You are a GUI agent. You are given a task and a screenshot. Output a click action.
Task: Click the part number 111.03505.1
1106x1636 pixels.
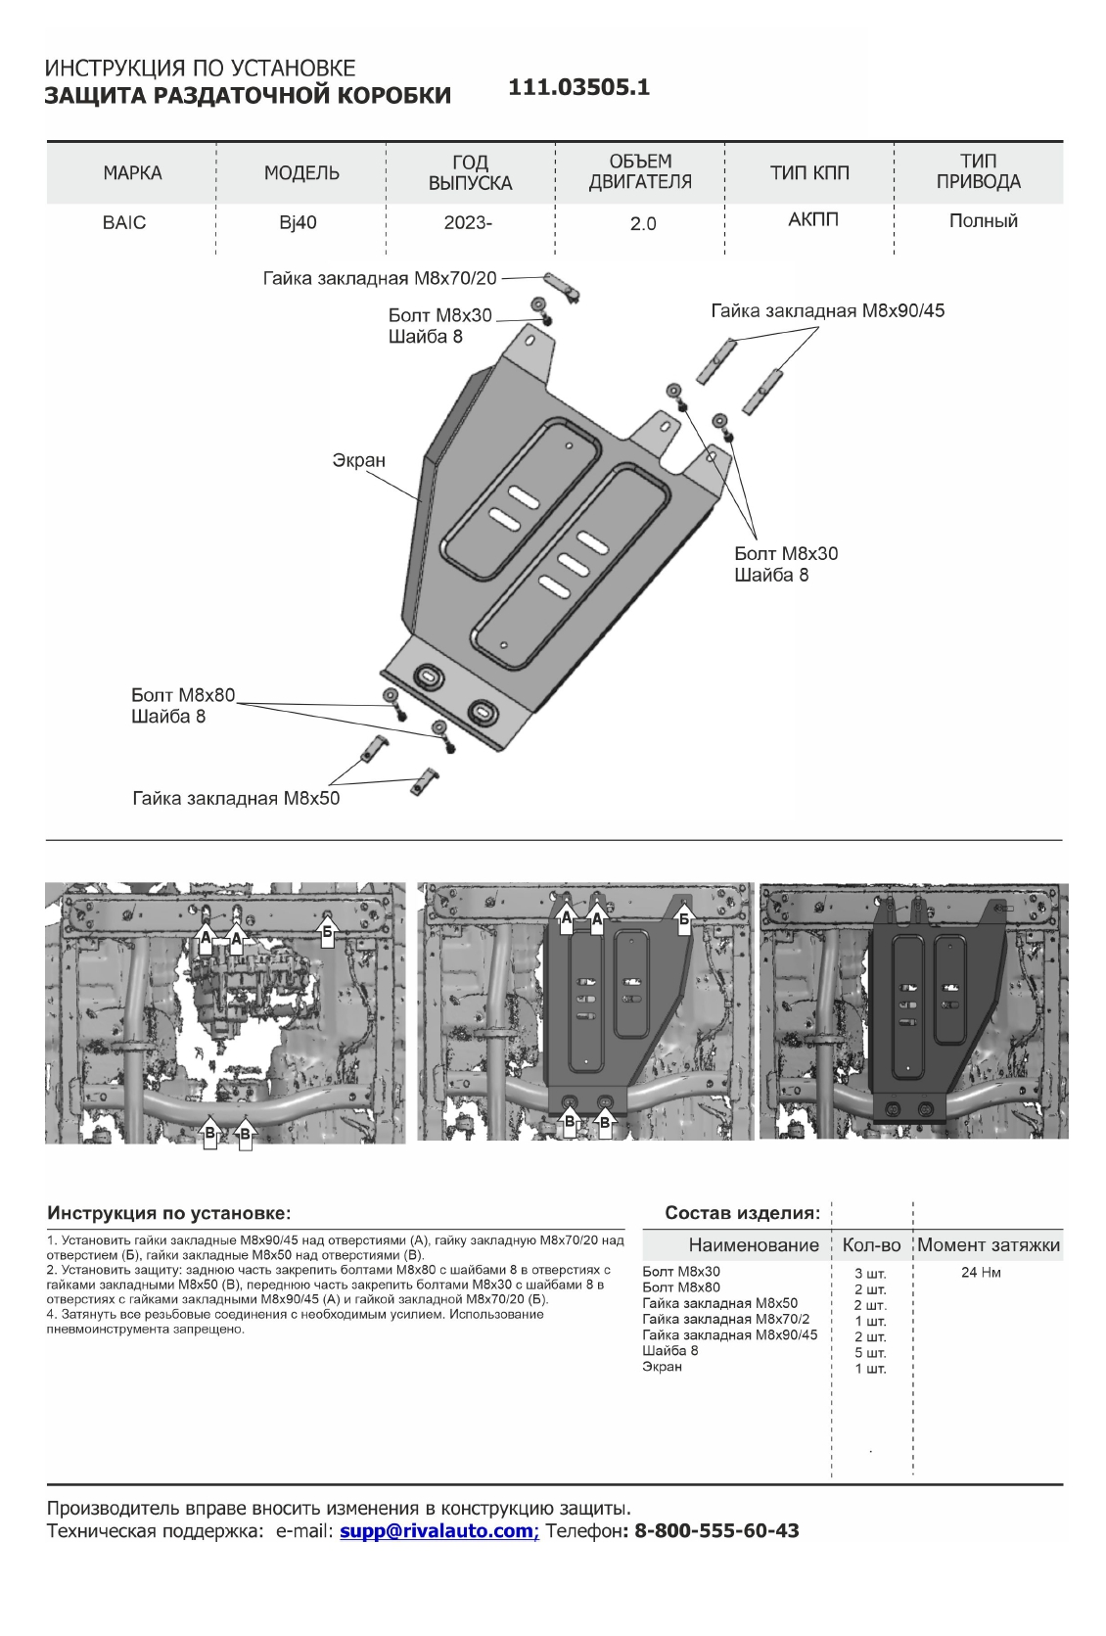[x=579, y=87]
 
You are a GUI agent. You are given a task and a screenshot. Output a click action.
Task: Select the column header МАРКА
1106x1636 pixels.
[x=132, y=173]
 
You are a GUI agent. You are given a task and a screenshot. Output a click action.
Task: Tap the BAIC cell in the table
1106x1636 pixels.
[x=124, y=222]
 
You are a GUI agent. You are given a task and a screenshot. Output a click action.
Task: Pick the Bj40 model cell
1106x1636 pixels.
[x=298, y=222]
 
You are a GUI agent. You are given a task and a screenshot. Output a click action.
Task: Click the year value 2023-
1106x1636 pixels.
[x=468, y=222]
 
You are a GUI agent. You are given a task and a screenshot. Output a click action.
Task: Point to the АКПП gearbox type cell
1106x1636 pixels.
[x=813, y=220]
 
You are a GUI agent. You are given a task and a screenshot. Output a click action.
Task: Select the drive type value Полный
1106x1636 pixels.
[x=983, y=221]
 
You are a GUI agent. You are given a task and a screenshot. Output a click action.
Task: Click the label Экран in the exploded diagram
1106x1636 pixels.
[x=359, y=460]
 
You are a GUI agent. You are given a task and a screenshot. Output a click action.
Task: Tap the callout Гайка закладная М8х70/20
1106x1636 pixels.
[x=380, y=278]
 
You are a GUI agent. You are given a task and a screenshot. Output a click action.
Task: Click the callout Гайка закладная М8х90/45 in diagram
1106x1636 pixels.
[x=827, y=311]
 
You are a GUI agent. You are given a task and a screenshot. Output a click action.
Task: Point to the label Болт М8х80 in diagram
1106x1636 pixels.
[x=184, y=695]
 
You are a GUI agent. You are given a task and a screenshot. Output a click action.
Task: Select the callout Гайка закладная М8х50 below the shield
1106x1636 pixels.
[x=236, y=798]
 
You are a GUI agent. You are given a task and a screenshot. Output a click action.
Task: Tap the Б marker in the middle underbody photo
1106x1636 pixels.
[x=685, y=919]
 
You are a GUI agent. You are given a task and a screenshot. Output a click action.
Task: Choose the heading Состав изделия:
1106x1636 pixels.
[x=742, y=1213]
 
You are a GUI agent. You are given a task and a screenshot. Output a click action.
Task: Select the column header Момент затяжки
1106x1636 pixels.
[x=989, y=1245]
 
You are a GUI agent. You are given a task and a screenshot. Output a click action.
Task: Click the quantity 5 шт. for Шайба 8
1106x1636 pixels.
[x=870, y=1352]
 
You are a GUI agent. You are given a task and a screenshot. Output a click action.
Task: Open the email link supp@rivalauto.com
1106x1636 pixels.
[x=438, y=1531]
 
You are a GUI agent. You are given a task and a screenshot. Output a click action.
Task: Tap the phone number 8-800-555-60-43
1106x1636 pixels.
[x=716, y=1531]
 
